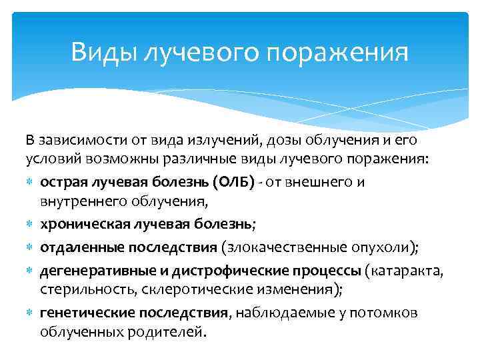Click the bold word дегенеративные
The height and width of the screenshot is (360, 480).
click(x=91, y=271)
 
